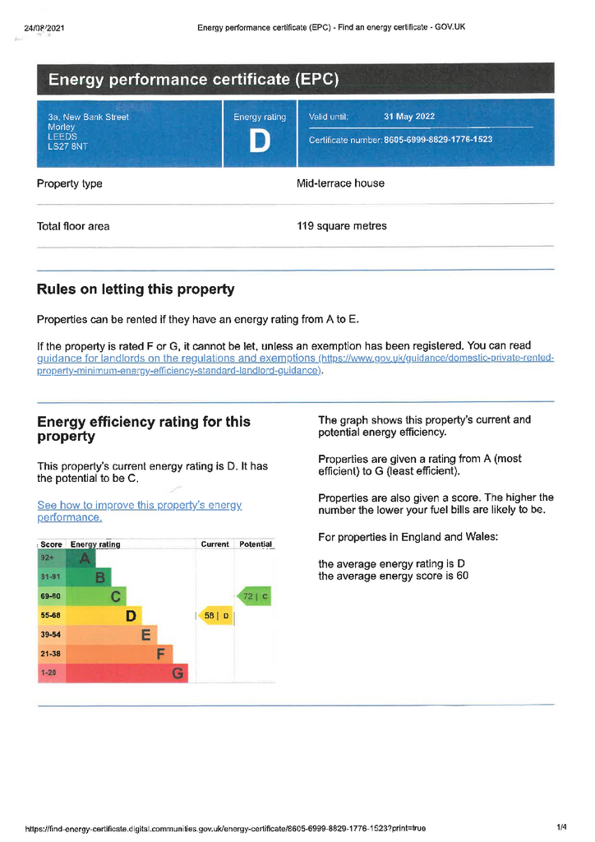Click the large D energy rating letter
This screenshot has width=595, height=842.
(259, 141)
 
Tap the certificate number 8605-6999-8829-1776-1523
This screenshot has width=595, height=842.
(438, 140)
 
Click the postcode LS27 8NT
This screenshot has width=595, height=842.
(67, 147)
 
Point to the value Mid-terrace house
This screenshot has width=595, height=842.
(340, 183)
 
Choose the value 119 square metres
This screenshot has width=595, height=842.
(341, 226)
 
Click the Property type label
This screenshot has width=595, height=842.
(70, 183)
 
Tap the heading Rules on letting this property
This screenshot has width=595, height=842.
(136, 289)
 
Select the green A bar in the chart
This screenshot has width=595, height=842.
(81, 558)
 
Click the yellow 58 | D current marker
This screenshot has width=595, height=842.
(216, 616)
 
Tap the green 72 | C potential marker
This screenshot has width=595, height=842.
(254, 596)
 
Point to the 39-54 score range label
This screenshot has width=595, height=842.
(51, 635)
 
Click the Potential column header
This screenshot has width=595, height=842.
(255, 544)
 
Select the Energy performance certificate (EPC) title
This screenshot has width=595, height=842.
(193, 80)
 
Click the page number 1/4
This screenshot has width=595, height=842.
(562, 827)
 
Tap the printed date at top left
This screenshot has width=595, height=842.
(44, 28)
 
